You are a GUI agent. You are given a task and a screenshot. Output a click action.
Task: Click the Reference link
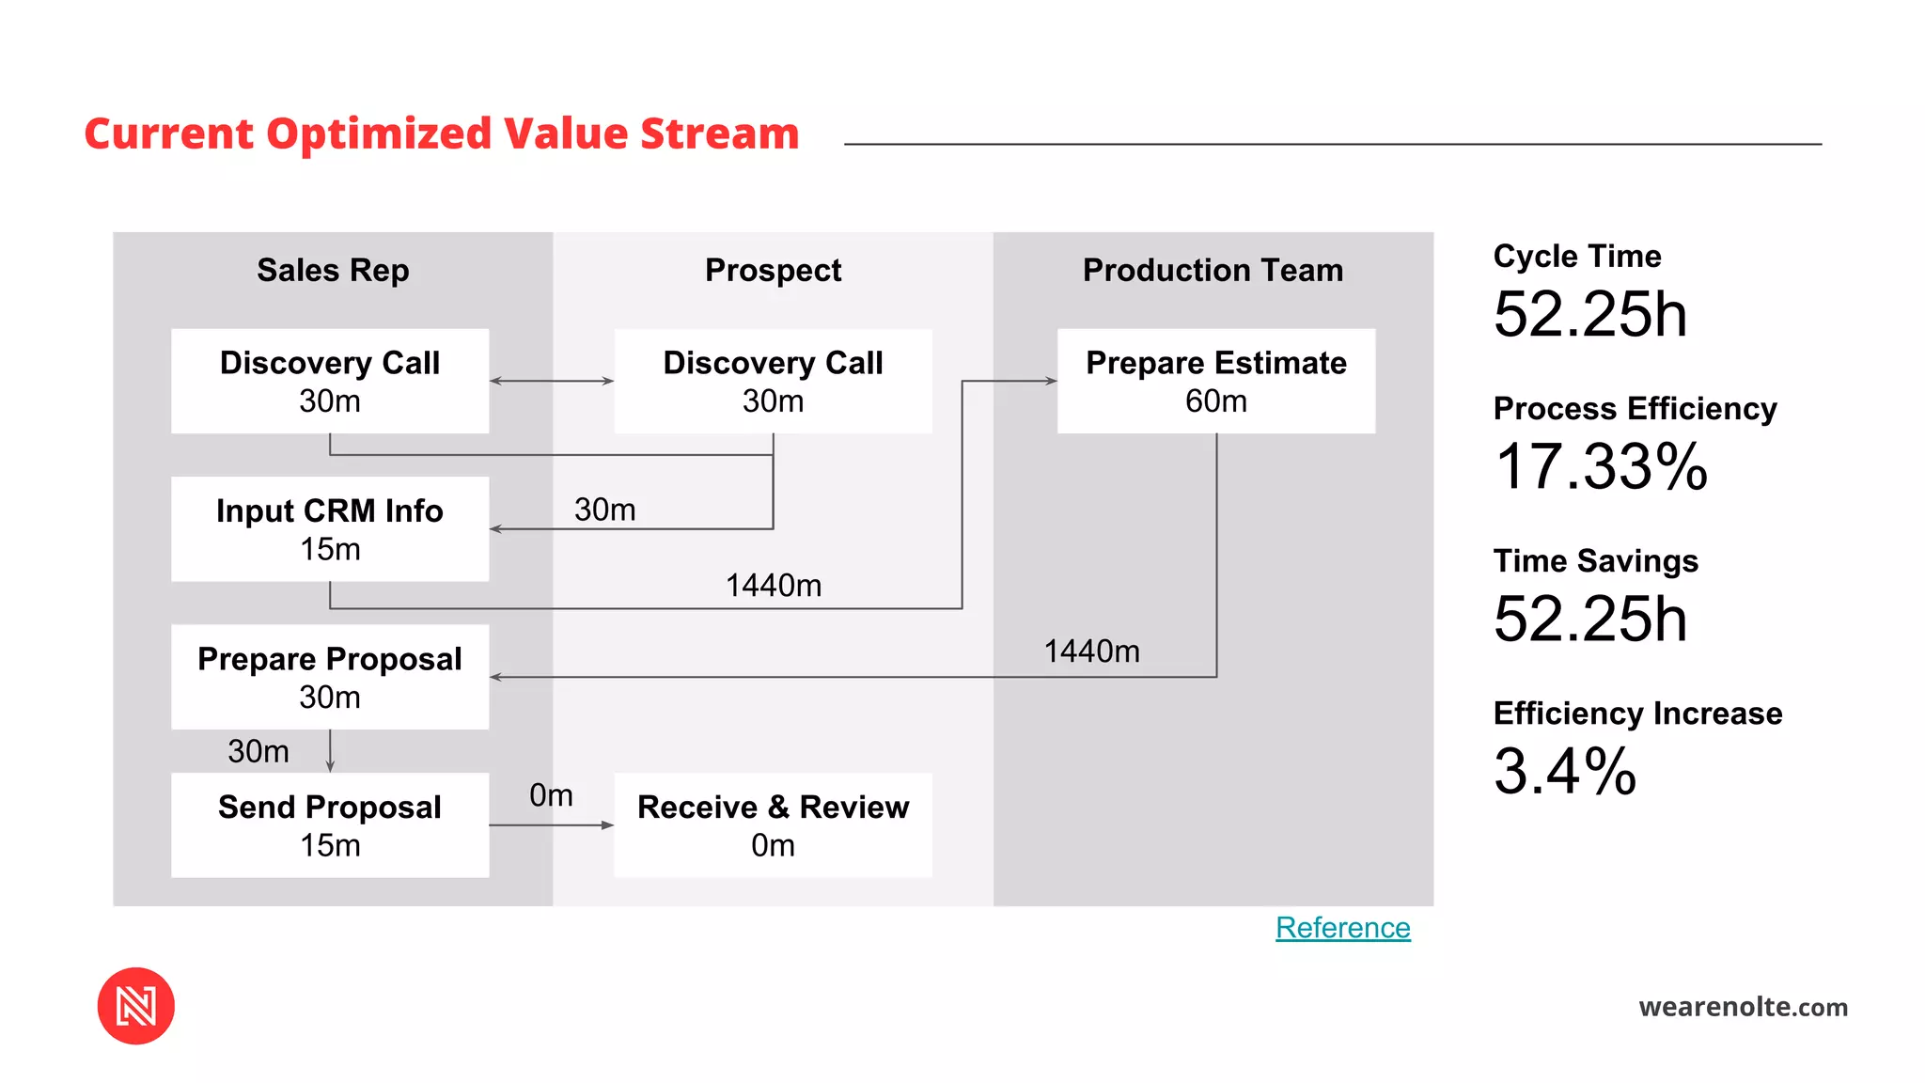pos(1342,928)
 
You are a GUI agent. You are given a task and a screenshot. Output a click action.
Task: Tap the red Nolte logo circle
pos(136,1006)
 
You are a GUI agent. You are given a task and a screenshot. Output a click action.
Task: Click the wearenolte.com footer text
pos(1743,1007)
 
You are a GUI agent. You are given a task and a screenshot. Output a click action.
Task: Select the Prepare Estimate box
pos(1215,381)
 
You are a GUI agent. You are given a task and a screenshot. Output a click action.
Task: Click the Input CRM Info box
pos(330,528)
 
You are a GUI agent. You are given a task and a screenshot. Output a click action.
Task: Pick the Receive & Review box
pos(773,824)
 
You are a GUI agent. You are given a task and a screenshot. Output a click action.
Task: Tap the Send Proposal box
pos(330,824)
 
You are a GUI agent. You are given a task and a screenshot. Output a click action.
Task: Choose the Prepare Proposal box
pos(330,677)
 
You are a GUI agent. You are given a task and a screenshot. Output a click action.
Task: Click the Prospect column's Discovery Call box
pos(773,381)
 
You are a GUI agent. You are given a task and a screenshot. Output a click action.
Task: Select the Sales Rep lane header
pos(333,271)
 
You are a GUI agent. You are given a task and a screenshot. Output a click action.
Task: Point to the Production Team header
pos(1213,271)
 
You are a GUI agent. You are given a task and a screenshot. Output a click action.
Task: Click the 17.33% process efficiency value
pos(1601,466)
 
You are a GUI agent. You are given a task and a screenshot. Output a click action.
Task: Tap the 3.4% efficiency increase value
pos(1565,771)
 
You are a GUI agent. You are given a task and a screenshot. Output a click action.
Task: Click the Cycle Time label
pos(1576,257)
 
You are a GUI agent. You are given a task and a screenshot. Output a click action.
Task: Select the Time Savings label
pos(1595,561)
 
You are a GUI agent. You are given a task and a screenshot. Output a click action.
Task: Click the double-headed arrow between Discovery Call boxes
pos(552,381)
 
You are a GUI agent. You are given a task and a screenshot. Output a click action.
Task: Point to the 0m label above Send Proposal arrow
pos(551,795)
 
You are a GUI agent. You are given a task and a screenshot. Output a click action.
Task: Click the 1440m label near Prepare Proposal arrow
pos(1091,651)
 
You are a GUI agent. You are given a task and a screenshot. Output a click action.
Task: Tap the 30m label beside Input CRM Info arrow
pos(604,510)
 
